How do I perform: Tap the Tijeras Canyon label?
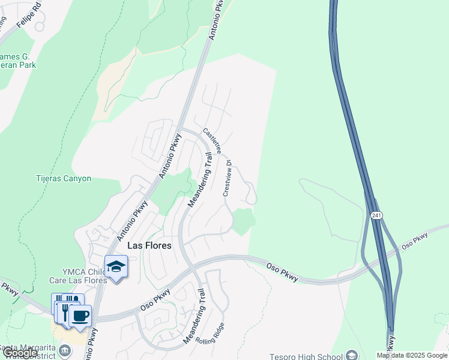(63, 178)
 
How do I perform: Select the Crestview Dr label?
(228, 178)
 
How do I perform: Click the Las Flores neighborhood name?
(149, 245)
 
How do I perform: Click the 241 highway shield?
(376, 215)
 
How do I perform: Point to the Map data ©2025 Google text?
(412, 356)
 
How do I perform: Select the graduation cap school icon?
(116, 266)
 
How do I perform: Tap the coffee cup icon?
(80, 315)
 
